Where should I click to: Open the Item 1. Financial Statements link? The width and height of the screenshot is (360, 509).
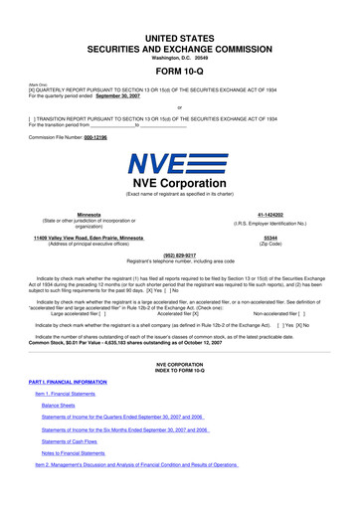75,395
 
